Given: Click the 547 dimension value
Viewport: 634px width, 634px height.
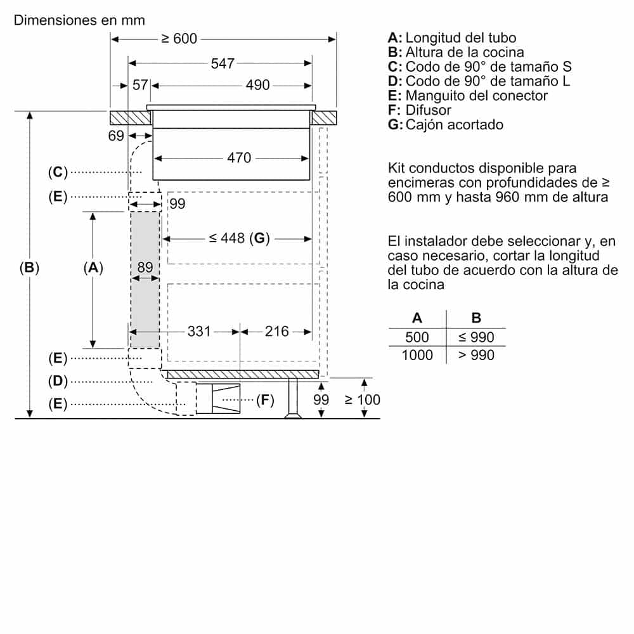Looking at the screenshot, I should point(223,63).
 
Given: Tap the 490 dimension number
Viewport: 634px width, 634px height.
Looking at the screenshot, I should point(257,85).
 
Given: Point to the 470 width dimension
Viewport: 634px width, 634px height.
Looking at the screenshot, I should point(239,158).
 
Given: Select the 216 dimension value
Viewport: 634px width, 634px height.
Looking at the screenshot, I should point(276,331).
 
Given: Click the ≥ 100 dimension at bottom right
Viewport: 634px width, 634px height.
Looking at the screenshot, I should point(362,399).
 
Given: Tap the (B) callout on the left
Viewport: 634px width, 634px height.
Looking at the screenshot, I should point(29,268).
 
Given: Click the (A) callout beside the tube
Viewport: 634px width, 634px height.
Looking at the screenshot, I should point(93,268).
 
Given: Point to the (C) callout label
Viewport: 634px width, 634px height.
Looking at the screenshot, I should point(57,171).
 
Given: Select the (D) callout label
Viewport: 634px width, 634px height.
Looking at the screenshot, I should point(57,381).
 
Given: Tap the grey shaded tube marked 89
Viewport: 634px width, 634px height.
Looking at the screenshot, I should point(145,298).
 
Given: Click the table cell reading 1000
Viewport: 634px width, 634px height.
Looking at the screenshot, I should point(417,355).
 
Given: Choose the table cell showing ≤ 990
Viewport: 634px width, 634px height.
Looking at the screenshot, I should point(476,337).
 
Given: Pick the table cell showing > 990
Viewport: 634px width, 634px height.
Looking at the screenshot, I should point(476,355).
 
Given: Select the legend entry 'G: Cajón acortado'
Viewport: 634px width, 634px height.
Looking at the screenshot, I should point(446,124).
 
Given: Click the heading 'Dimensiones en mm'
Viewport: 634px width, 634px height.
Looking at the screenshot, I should point(79,20).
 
